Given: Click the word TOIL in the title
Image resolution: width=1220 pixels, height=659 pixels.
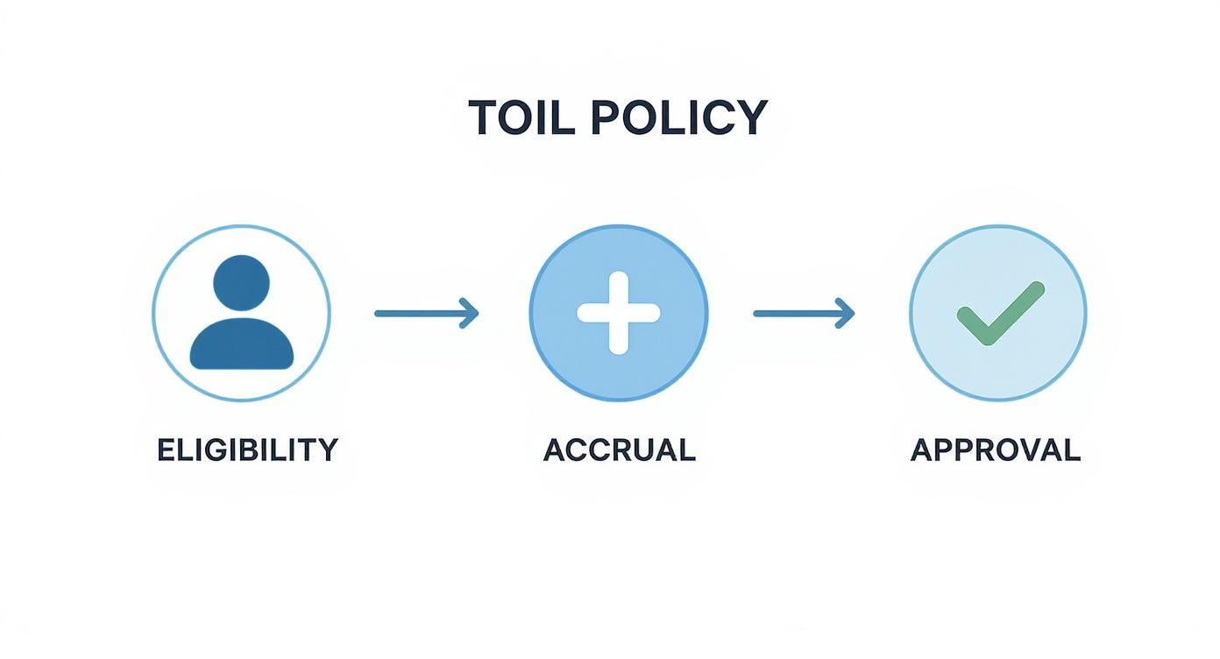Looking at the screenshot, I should click(x=521, y=117).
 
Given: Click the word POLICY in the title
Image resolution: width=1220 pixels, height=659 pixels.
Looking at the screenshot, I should click(x=678, y=117).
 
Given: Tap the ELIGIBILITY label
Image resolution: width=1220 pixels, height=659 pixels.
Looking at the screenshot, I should click(x=247, y=450).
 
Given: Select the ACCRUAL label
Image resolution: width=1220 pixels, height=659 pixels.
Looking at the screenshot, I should click(x=619, y=450).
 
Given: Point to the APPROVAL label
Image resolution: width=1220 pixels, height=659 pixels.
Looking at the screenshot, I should click(x=996, y=450).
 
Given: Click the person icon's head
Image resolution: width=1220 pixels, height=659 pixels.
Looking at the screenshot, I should click(x=241, y=283).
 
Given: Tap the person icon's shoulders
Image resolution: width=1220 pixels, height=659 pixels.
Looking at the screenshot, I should click(x=241, y=344).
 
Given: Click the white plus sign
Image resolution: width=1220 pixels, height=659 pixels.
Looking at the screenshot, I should click(x=619, y=313).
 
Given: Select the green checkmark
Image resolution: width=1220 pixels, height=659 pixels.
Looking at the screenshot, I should click(x=1000, y=314).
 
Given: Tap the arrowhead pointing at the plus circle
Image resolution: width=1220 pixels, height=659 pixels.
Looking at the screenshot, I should click(x=471, y=313).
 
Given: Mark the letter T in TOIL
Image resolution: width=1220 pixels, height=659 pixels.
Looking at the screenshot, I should click(x=483, y=117).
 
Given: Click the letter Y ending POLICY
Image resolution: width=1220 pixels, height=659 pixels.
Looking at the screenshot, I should click(x=752, y=117).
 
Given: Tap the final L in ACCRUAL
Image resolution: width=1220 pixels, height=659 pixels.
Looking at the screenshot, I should click(x=686, y=450).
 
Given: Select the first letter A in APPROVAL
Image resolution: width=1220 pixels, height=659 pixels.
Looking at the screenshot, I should click(x=922, y=450).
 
